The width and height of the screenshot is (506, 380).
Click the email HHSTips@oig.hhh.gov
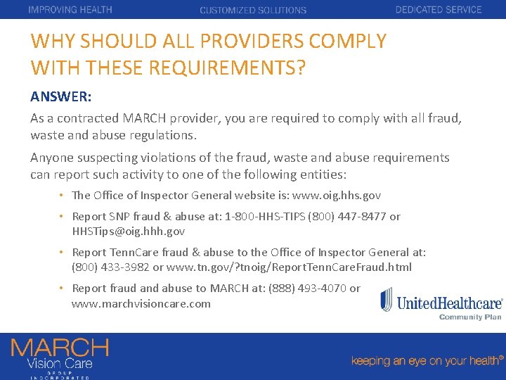click(129, 231)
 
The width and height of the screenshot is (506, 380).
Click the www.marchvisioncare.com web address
click(141, 303)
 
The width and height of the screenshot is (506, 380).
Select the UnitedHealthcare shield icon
click(387, 300)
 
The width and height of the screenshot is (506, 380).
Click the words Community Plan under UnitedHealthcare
click(470, 317)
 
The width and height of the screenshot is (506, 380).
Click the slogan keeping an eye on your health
click(427, 341)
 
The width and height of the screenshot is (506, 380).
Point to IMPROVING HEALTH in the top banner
click(70, 10)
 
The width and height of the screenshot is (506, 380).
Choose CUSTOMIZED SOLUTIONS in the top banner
click(253, 11)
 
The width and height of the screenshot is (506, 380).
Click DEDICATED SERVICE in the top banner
click(439, 10)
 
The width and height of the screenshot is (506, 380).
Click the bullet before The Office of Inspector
click(62, 196)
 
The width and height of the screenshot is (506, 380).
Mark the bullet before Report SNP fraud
click(62, 217)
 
